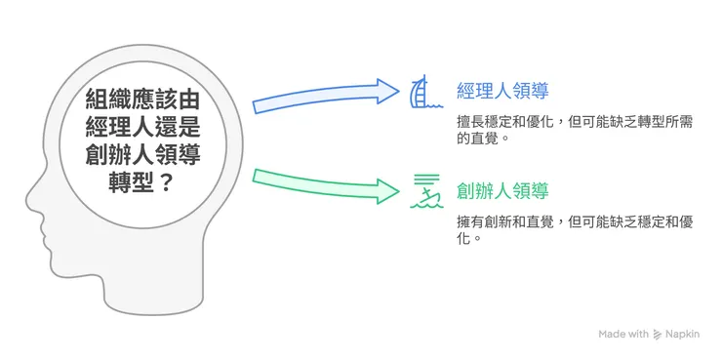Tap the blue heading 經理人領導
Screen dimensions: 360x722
502,92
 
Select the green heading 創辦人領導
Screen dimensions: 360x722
502,190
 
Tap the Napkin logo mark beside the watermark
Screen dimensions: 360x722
658,335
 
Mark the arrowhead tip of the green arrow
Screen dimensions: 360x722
399,190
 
